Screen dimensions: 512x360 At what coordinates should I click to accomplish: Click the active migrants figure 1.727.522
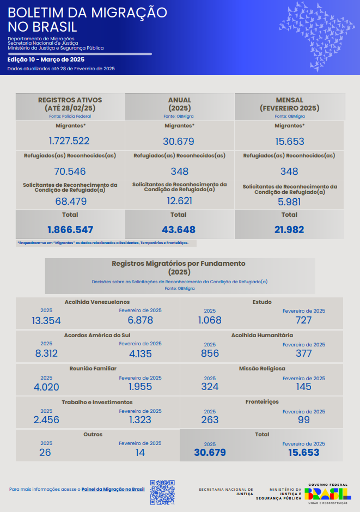pyautogui.click(x=69, y=141)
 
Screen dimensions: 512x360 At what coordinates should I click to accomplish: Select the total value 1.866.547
pyautogui.click(x=70, y=229)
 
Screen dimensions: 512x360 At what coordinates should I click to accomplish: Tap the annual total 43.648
pyautogui.click(x=179, y=229)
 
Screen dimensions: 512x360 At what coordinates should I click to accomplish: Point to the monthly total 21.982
pyautogui.click(x=289, y=229)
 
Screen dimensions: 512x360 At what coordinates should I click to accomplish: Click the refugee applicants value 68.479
pyautogui.click(x=70, y=202)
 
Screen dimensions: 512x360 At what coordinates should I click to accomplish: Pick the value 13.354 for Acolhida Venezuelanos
pyautogui.click(x=46, y=320)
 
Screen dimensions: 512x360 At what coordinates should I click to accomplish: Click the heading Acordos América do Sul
pyautogui.click(x=97, y=335)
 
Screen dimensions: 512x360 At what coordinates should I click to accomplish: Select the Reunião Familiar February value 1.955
pyautogui.click(x=141, y=387)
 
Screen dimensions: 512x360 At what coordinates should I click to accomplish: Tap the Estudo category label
pyautogui.click(x=262, y=302)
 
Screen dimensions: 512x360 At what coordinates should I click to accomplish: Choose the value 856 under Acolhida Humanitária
pyautogui.click(x=210, y=353)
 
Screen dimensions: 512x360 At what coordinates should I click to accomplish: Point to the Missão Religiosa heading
pyautogui.click(x=262, y=368)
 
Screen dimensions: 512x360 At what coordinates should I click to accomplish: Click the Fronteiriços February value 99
pyautogui.click(x=303, y=420)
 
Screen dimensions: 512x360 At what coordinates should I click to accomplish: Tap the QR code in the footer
pyautogui.click(x=162, y=492)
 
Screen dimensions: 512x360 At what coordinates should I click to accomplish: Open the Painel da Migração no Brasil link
pyautogui.click(x=113, y=490)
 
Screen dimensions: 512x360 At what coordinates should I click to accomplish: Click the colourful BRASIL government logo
pyautogui.click(x=327, y=493)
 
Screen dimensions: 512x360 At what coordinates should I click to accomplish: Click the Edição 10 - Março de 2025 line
pyautogui.click(x=46, y=59)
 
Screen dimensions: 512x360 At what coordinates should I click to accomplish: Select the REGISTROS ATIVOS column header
pyautogui.click(x=70, y=103)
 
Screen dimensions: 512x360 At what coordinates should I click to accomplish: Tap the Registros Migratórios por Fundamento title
pyautogui.click(x=179, y=267)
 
